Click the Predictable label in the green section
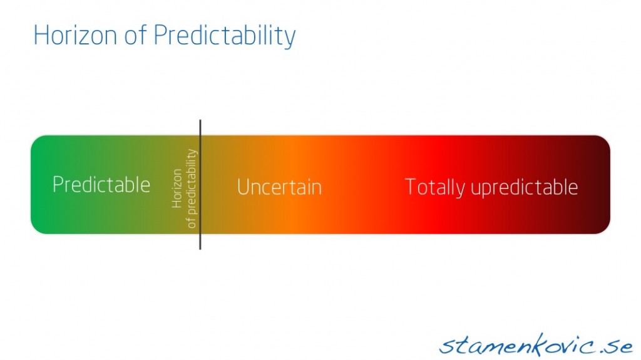(101, 185)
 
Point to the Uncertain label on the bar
(279, 187)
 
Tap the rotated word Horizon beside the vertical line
(177, 188)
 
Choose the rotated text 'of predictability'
(192, 188)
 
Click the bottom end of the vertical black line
(200, 248)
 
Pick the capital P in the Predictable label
(58, 185)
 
